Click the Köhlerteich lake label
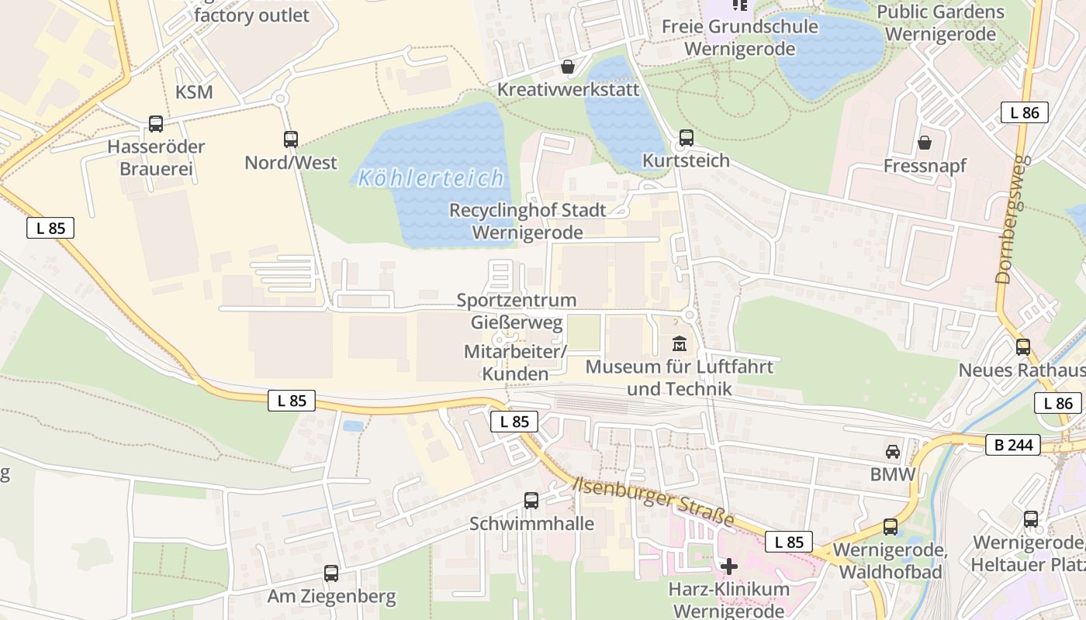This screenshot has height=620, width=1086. click(x=431, y=179)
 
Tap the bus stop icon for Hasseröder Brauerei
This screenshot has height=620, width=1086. click(x=156, y=124)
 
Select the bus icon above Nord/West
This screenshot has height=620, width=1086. click(x=291, y=139)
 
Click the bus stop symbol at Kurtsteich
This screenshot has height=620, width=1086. click(x=687, y=138)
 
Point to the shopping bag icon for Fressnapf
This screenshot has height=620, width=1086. click(x=925, y=143)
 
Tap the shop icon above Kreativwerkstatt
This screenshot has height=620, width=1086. click(x=568, y=67)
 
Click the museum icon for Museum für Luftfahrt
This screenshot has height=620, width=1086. click(x=680, y=343)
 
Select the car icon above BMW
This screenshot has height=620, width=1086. click(x=893, y=451)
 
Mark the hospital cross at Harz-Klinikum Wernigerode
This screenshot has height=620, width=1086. click(x=729, y=567)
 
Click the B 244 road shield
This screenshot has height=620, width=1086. click(x=1013, y=445)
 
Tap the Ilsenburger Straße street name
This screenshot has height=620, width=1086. click(x=653, y=501)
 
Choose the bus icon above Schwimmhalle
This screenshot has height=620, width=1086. click(x=531, y=501)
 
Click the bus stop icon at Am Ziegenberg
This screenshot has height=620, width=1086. click(x=331, y=573)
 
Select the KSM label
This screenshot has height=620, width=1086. click(x=194, y=92)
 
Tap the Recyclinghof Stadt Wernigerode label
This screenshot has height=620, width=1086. click(x=527, y=221)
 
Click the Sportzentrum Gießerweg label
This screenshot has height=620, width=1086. click(x=517, y=311)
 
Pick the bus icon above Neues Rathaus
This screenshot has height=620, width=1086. click(x=1023, y=347)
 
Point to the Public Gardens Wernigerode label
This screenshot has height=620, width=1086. click(x=940, y=23)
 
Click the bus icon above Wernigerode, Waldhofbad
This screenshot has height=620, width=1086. click(x=891, y=527)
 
